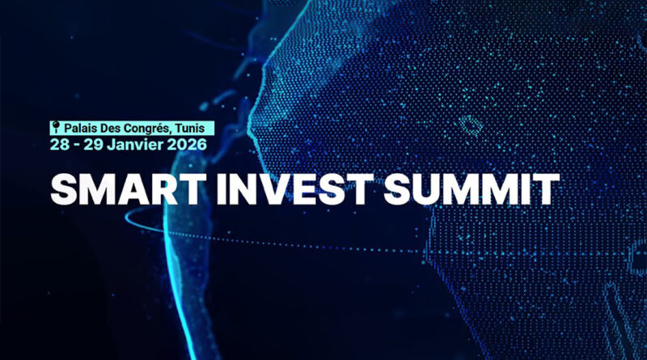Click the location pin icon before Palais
coord(56,127)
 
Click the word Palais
coord(79,128)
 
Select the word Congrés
coord(150,128)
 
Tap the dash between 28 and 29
coord(75,144)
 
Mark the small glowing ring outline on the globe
coord(468,125)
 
